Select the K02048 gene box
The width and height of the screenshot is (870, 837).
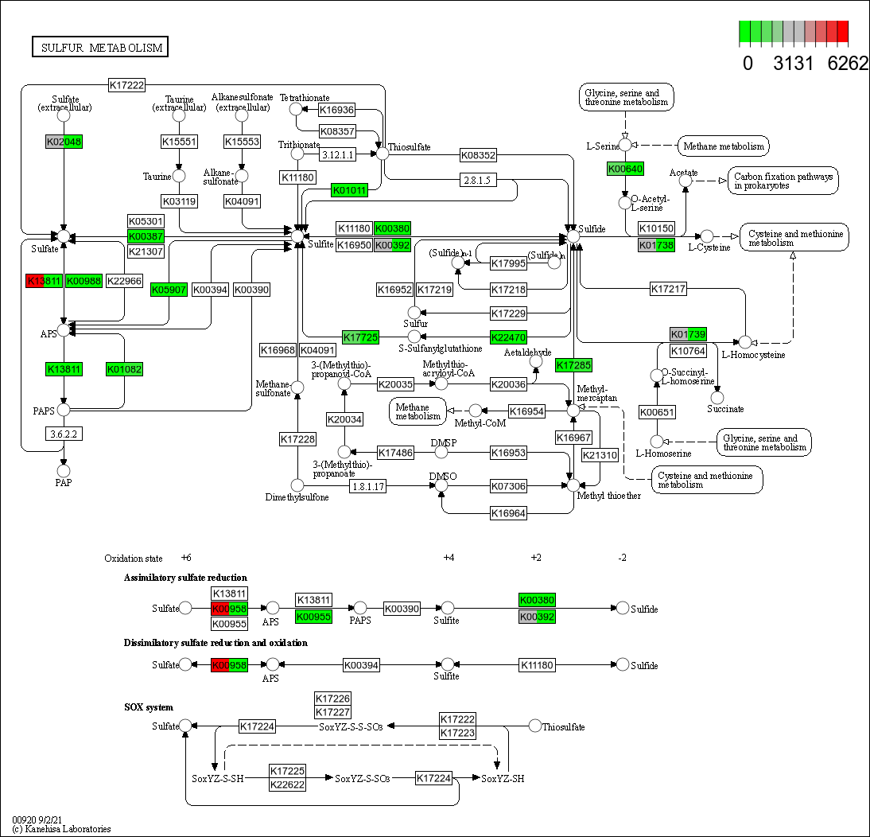click(x=64, y=142)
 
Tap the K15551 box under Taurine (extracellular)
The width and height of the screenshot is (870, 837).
click(x=179, y=142)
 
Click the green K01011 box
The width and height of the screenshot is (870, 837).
click(x=350, y=191)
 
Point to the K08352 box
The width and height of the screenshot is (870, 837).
click(x=478, y=155)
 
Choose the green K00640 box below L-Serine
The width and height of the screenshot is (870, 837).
click(x=625, y=169)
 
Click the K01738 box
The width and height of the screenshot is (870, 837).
click(x=656, y=245)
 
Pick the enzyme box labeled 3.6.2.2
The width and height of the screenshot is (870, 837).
click(x=64, y=434)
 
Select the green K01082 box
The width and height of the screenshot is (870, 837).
click(x=123, y=369)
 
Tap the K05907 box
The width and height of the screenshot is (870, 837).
click(x=169, y=290)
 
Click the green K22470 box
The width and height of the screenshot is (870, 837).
click(x=509, y=337)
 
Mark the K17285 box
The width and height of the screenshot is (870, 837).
click(x=573, y=365)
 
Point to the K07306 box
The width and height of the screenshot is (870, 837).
click(x=508, y=485)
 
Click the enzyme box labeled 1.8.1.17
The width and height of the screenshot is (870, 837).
click(x=368, y=485)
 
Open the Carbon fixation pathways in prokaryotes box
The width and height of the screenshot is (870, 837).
click(x=783, y=181)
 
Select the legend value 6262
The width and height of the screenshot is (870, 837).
click(x=848, y=64)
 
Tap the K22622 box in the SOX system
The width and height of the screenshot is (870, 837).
click(x=287, y=785)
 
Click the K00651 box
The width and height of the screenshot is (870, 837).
click(x=657, y=411)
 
